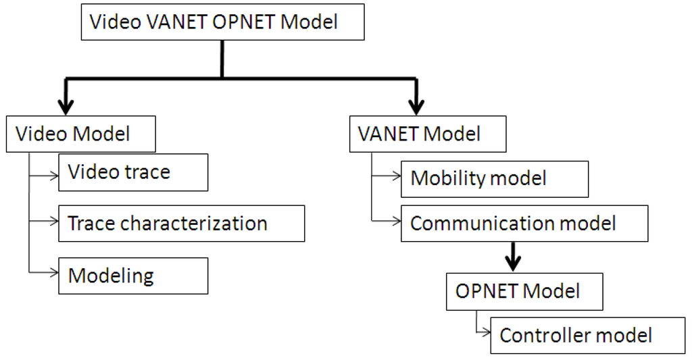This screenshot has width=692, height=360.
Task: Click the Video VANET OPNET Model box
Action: pos(222,22)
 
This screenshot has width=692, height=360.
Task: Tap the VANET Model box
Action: pos(428,134)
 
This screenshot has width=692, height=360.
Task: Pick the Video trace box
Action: pos(133,172)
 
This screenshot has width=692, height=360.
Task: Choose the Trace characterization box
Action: pos(181,224)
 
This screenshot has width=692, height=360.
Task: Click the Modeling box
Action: pos(133,276)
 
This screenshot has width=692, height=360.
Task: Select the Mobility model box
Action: pos(495,178)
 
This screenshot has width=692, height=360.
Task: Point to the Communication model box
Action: pos(524,224)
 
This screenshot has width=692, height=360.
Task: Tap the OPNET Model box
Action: pos(524,291)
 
